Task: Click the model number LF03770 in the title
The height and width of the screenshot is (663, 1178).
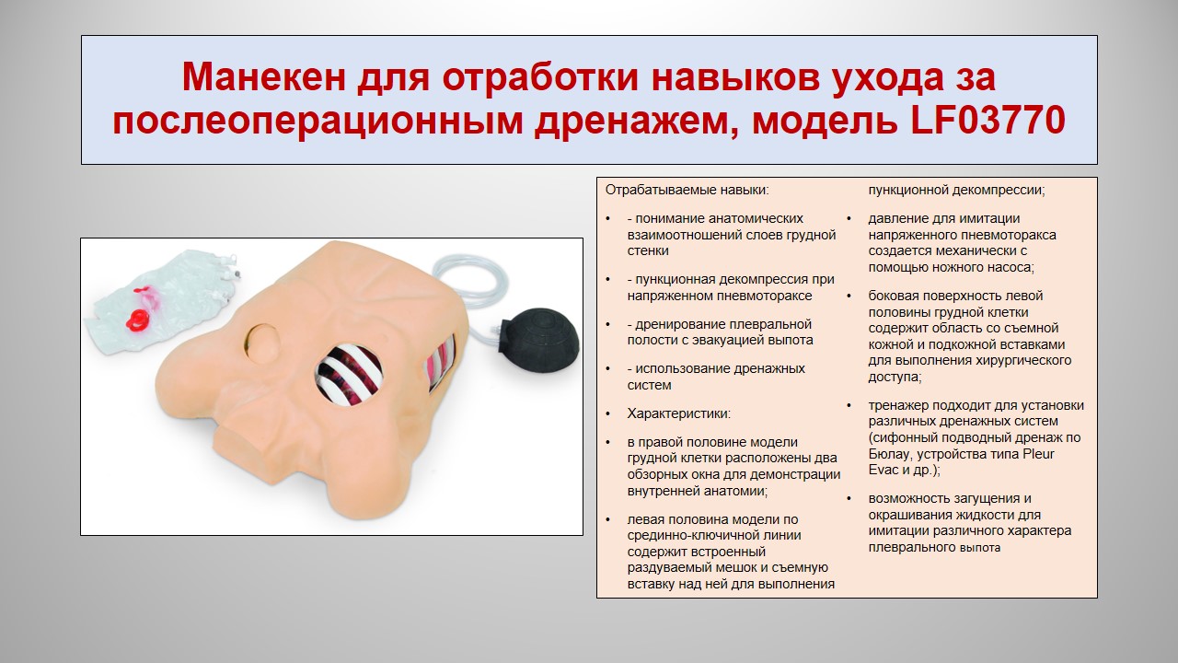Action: (x=988, y=121)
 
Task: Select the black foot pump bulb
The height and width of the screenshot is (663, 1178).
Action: (x=540, y=336)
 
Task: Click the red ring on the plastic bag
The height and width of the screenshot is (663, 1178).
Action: (x=138, y=320)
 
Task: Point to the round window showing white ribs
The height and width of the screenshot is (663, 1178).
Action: (x=349, y=371)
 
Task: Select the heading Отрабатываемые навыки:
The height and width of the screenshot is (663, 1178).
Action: (x=687, y=190)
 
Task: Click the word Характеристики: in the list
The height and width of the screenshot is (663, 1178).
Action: (x=679, y=413)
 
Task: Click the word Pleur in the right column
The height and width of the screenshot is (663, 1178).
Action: (x=1039, y=454)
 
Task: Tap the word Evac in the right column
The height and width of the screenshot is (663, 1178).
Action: (x=884, y=470)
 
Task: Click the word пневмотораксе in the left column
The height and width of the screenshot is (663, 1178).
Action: (x=765, y=296)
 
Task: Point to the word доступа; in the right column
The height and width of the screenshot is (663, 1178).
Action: (x=895, y=378)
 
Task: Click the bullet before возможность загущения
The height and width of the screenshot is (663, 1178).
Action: (x=849, y=498)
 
